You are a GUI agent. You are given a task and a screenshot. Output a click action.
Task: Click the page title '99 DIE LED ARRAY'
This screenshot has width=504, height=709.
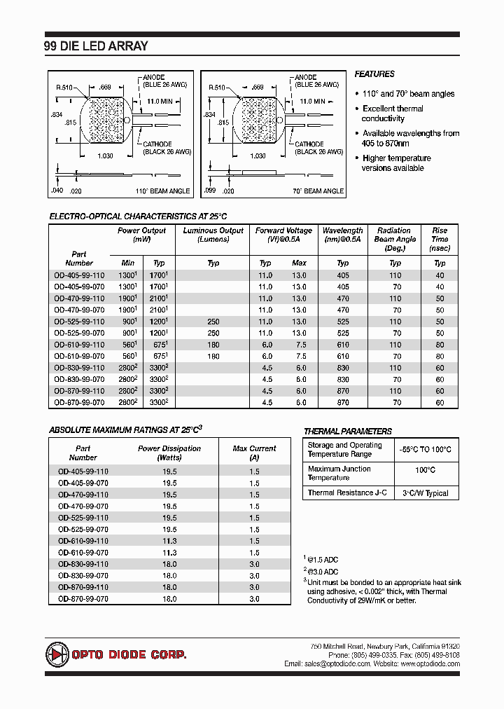[x=97, y=46]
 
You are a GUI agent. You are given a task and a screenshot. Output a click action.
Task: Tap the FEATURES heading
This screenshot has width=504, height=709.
[x=374, y=74]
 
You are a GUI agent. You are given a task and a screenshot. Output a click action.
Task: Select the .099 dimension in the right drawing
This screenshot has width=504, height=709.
[x=209, y=191]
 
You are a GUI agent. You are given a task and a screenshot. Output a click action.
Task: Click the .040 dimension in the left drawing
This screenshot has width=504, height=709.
[x=57, y=191]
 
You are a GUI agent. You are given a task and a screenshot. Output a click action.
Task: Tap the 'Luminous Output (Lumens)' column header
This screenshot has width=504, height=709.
[x=213, y=235]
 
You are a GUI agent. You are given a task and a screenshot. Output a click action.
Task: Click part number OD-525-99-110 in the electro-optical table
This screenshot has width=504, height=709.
[x=79, y=322]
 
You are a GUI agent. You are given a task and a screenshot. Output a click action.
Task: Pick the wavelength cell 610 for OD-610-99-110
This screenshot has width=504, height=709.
[x=343, y=345]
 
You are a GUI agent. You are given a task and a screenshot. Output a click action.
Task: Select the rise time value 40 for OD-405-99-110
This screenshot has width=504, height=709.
[x=440, y=275]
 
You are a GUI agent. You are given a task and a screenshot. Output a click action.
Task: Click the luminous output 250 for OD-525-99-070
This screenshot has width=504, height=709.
[x=213, y=333]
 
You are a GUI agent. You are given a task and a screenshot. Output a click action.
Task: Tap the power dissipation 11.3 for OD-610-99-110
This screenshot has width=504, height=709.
[x=169, y=541]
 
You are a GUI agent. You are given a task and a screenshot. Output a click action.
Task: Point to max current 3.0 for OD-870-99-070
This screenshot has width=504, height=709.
[x=254, y=599]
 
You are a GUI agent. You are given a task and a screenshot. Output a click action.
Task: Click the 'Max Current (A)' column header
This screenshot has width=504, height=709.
[x=254, y=453]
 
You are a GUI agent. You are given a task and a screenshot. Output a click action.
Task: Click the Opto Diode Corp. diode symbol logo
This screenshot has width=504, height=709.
[x=58, y=654]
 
